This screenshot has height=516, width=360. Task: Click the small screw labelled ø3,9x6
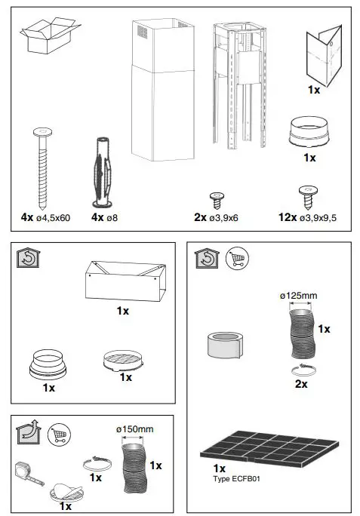tap(217, 198)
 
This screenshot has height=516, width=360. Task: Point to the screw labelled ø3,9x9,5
tap(306, 197)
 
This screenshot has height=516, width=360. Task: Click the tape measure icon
tap(26, 473)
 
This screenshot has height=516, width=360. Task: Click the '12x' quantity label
tap(287, 217)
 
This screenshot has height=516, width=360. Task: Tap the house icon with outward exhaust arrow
tap(28, 435)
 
